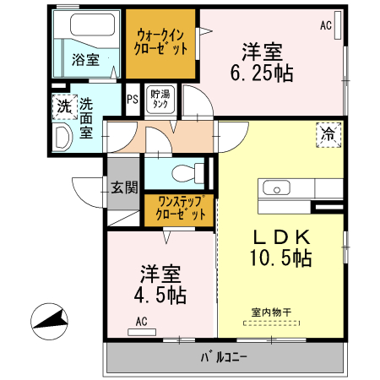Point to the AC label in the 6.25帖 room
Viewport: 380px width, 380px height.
(x=325, y=25)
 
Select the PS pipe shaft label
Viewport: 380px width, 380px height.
(x=132, y=99)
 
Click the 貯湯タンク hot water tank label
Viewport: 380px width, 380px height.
(x=160, y=100)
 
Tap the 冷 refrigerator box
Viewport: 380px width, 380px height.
(x=328, y=133)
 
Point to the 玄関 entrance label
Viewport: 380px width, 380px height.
(x=123, y=187)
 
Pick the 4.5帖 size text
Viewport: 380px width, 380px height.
(x=160, y=296)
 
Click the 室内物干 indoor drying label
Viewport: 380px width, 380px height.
(x=271, y=312)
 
